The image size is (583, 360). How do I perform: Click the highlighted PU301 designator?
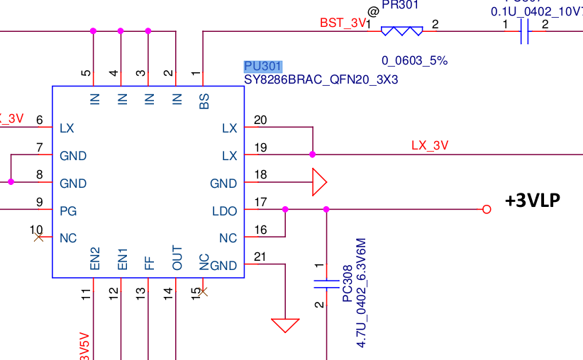pos(262,67)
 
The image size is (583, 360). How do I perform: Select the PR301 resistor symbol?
pos(401,31)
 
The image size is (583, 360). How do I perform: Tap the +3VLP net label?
pos(533,201)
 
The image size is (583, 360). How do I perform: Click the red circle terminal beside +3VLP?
pos(486,209)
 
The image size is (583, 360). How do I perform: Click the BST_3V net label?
pos(343,23)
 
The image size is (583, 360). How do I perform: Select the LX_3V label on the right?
pos(430,145)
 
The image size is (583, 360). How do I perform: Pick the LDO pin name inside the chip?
pos(224,210)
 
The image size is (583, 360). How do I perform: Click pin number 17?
pos(260,203)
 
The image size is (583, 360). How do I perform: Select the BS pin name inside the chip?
pos(204,100)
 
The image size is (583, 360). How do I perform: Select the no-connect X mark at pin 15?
pos(204,291)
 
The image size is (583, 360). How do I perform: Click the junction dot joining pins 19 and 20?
pos(312,154)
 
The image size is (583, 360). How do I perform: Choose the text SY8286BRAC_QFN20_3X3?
pos(321,80)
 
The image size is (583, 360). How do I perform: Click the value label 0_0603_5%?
pos(414,61)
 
